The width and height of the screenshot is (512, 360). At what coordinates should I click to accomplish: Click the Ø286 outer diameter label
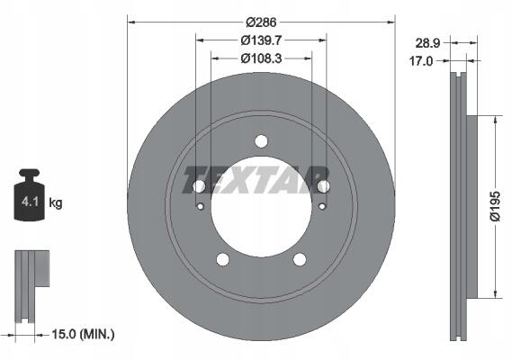[261, 22]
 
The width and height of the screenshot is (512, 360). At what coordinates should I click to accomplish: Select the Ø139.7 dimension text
[261, 40]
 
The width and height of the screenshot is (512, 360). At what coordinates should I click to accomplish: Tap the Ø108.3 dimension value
[261, 58]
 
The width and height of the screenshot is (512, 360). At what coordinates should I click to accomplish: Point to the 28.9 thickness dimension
[427, 43]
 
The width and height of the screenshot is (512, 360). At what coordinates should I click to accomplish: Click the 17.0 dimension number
[421, 61]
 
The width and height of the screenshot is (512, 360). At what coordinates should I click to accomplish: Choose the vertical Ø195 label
[495, 206]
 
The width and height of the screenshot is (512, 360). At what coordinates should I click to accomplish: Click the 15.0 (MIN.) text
[83, 334]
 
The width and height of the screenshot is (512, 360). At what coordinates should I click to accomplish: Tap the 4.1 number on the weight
[30, 202]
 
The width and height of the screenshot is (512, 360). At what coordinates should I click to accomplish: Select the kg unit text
[55, 202]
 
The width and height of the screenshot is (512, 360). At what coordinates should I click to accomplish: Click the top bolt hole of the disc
[261, 141]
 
